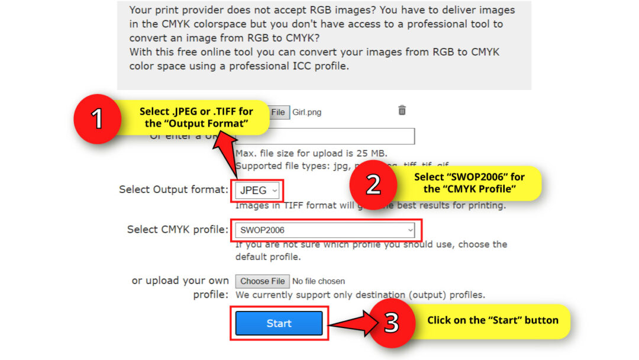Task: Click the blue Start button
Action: (279, 323)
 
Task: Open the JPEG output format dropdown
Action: (258, 191)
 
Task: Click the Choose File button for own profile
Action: (263, 281)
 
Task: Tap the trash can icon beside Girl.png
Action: (402, 110)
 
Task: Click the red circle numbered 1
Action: (98, 118)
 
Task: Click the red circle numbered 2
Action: (373, 184)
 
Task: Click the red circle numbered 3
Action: (392, 323)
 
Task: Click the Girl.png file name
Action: (307, 112)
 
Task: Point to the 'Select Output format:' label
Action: (173, 189)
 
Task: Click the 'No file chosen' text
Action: (318, 281)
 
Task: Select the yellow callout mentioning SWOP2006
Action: (469, 183)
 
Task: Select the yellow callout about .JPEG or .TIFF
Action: (196, 117)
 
